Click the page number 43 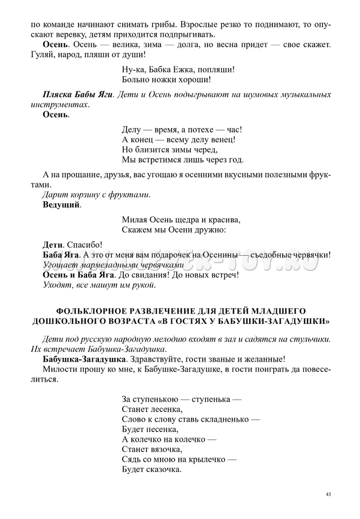[x=329, y=494]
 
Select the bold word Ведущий [x=61, y=205]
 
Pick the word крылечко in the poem [x=206, y=460]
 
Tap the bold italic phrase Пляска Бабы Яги [x=78, y=95]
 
